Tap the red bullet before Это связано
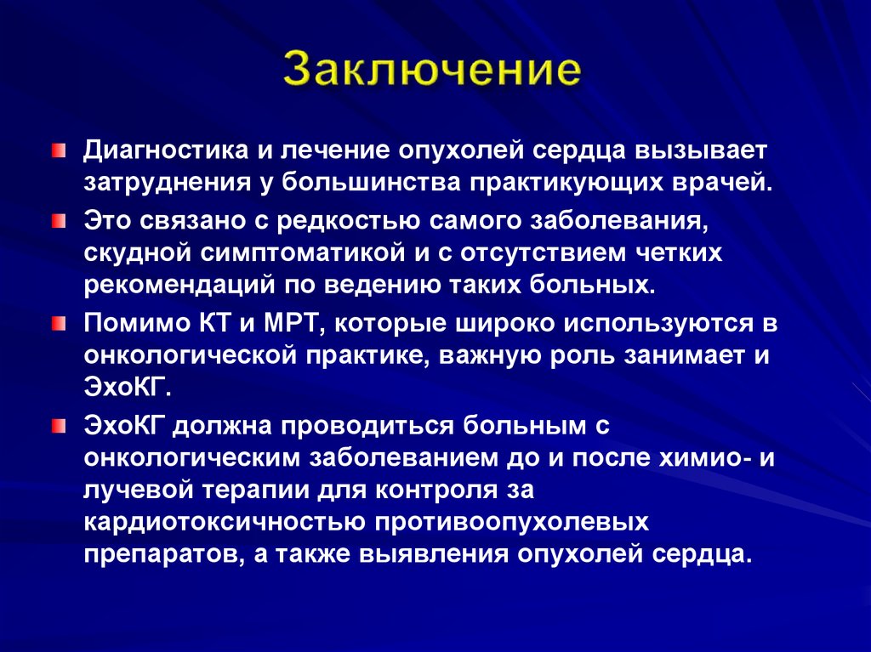tap(56, 220)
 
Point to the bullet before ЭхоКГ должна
tap(56, 425)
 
